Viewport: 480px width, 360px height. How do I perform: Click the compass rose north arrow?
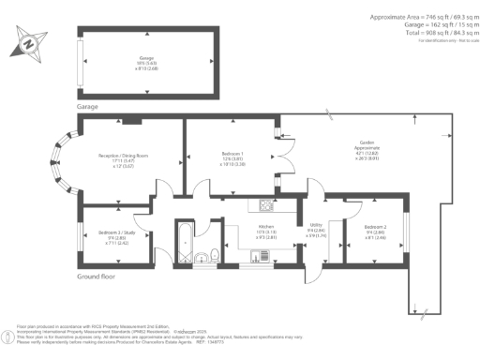tap(31, 42)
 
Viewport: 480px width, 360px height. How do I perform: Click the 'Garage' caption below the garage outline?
tap(88, 107)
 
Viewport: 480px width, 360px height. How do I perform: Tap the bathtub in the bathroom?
tap(185, 241)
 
